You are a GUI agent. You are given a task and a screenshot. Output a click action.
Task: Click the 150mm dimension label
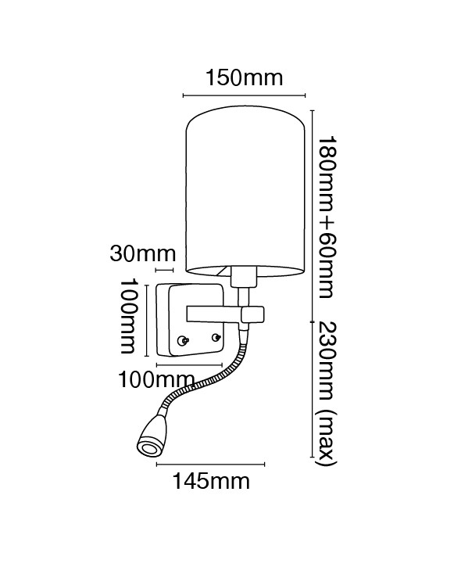(x=245, y=78)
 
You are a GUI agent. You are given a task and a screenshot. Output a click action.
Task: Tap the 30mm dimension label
(x=143, y=254)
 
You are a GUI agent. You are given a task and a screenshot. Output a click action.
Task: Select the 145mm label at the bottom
(x=211, y=481)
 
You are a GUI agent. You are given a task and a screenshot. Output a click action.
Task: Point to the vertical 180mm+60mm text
(x=327, y=217)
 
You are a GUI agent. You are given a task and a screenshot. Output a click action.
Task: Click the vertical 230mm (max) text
(x=327, y=394)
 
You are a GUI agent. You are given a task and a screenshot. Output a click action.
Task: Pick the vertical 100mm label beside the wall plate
(x=128, y=316)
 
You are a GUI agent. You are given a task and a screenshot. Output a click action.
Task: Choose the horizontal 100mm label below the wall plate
(x=156, y=379)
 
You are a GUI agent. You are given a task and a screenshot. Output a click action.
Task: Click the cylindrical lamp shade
(x=245, y=190)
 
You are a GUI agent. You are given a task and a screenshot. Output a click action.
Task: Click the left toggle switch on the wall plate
(x=183, y=340)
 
